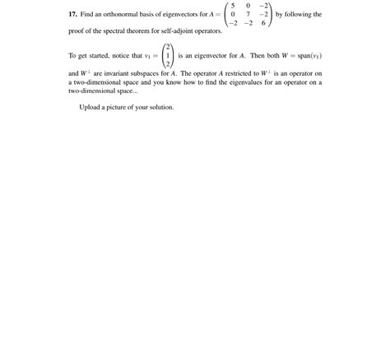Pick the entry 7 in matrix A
tap(248, 15)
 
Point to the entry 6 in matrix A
tap(263, 24)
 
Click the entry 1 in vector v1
tap(168, 55)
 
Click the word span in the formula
tap(300, 55)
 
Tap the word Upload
tap(90, 107)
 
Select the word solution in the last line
tap(161, 107)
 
